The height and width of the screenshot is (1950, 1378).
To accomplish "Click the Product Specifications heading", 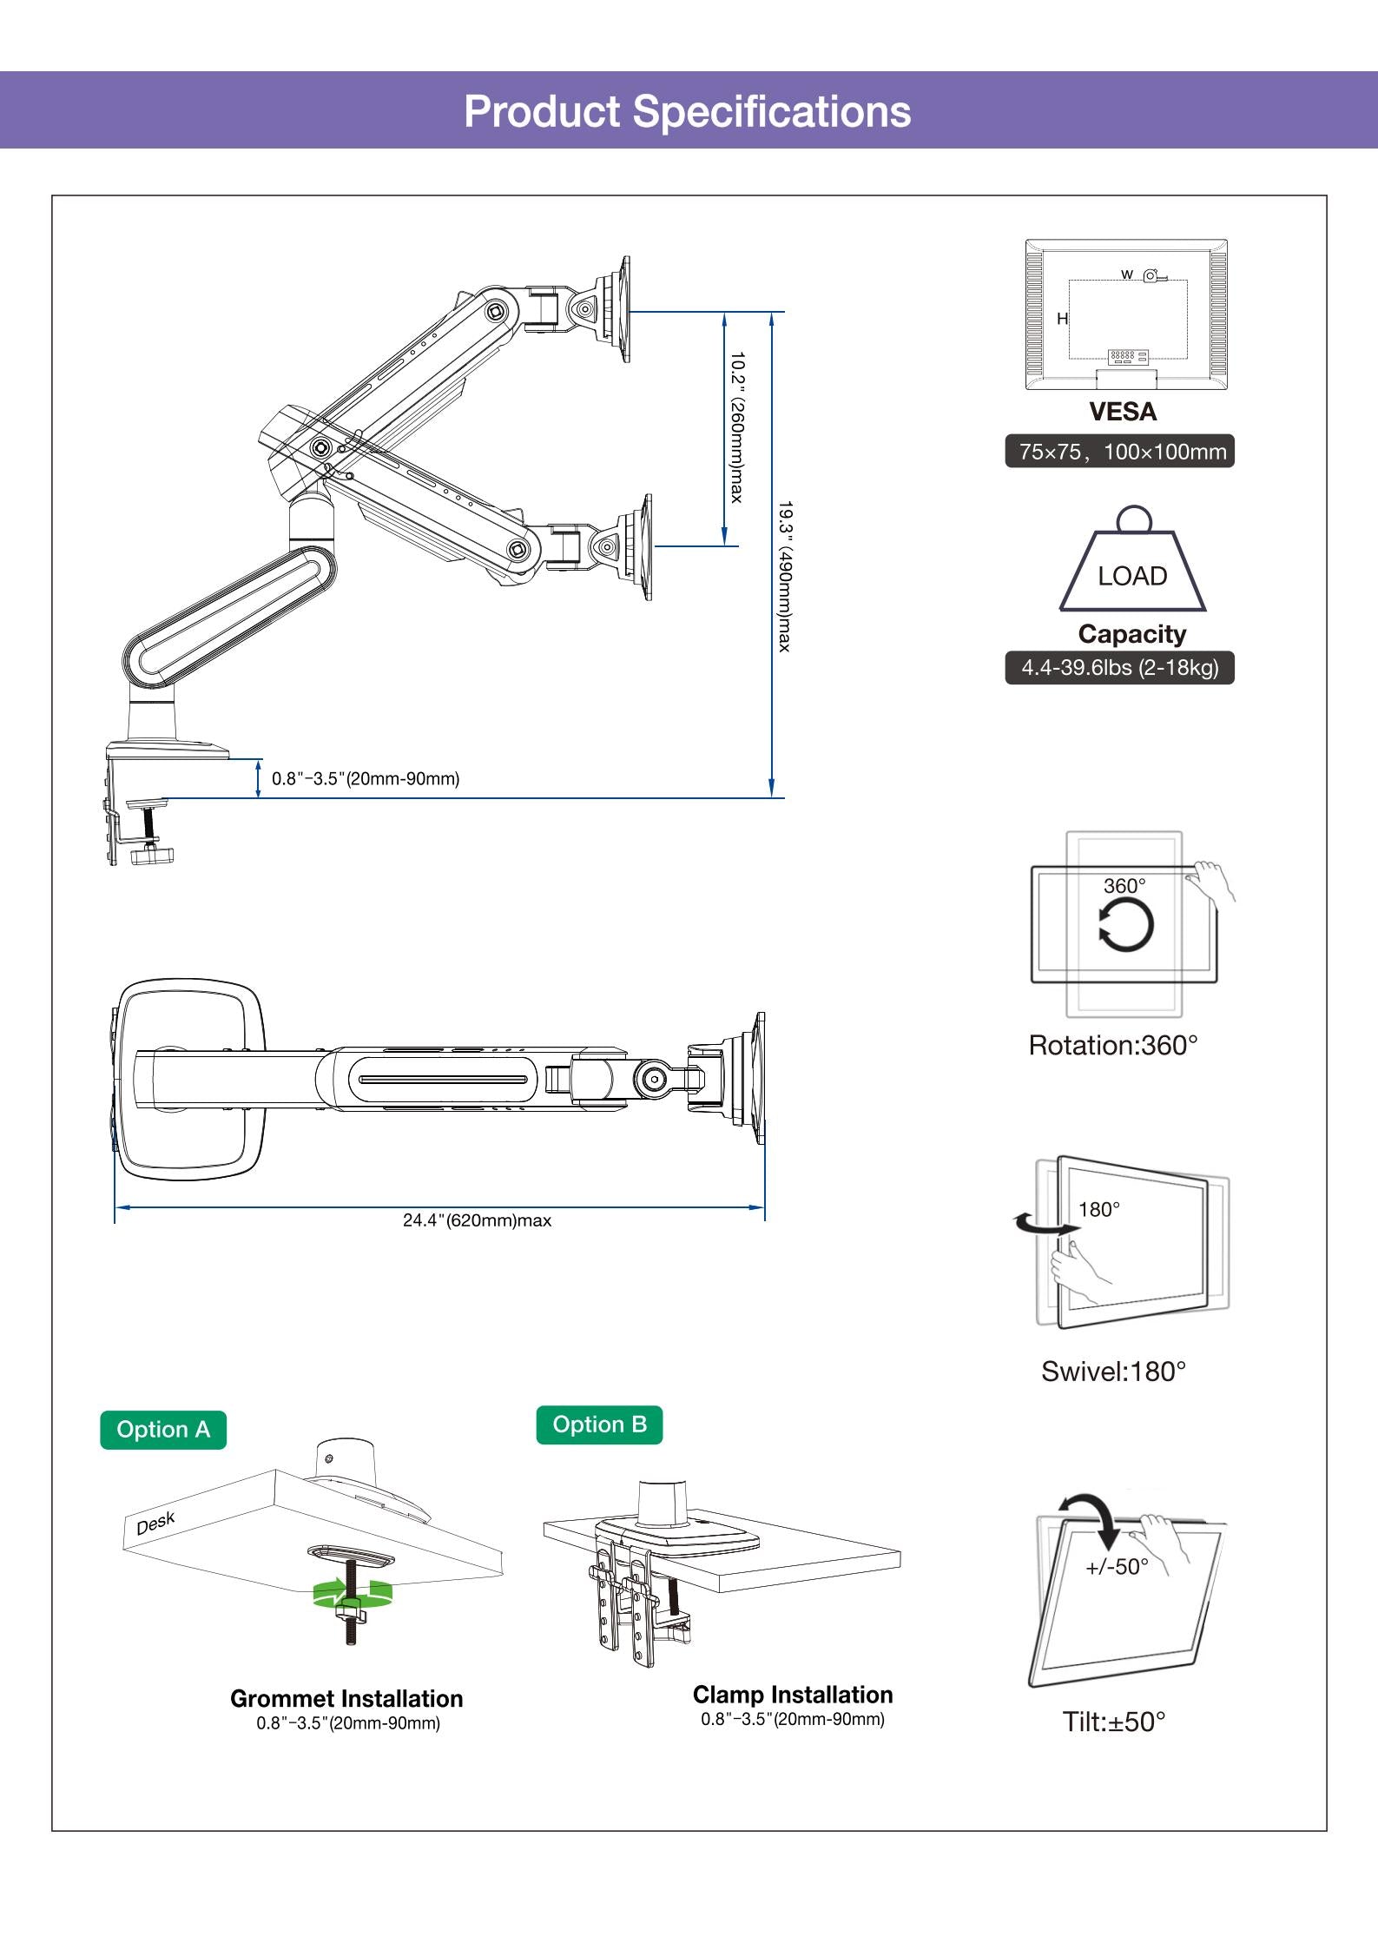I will [x=687, y=111].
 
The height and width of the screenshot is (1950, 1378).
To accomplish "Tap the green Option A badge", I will [x=163, y=1429].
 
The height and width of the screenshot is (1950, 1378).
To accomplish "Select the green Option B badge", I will [x=599, y=1424].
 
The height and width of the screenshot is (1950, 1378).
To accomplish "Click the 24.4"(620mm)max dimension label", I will [x=477, y=1220].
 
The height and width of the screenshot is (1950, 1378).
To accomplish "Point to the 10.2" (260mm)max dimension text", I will [x=736, y=426].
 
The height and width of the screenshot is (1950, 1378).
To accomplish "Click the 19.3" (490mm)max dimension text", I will [x=784, y=575].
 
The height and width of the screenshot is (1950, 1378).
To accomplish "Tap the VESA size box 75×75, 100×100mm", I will [x=1120, y=452].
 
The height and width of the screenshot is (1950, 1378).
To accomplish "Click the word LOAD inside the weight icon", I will [x=1132, y=576].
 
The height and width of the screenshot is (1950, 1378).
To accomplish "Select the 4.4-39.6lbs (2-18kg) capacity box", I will [x=1120, y=668].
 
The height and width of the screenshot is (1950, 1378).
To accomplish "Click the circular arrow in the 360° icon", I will [x=1126, y=925].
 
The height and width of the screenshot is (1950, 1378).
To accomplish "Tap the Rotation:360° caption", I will [x=1113, y=1045].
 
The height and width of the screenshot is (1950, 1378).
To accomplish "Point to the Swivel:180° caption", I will [x=1113, y=1372].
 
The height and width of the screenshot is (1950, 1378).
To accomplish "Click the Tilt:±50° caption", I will [x=1114, y=1722].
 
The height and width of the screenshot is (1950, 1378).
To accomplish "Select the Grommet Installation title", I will [x=346, y=1698].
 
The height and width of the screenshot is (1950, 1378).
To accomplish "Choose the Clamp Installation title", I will [x=793, y=1695].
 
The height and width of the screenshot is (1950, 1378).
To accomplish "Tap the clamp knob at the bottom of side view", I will [x=152, y=856].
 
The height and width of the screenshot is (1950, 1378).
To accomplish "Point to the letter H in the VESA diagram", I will [x=1062, y=319].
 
